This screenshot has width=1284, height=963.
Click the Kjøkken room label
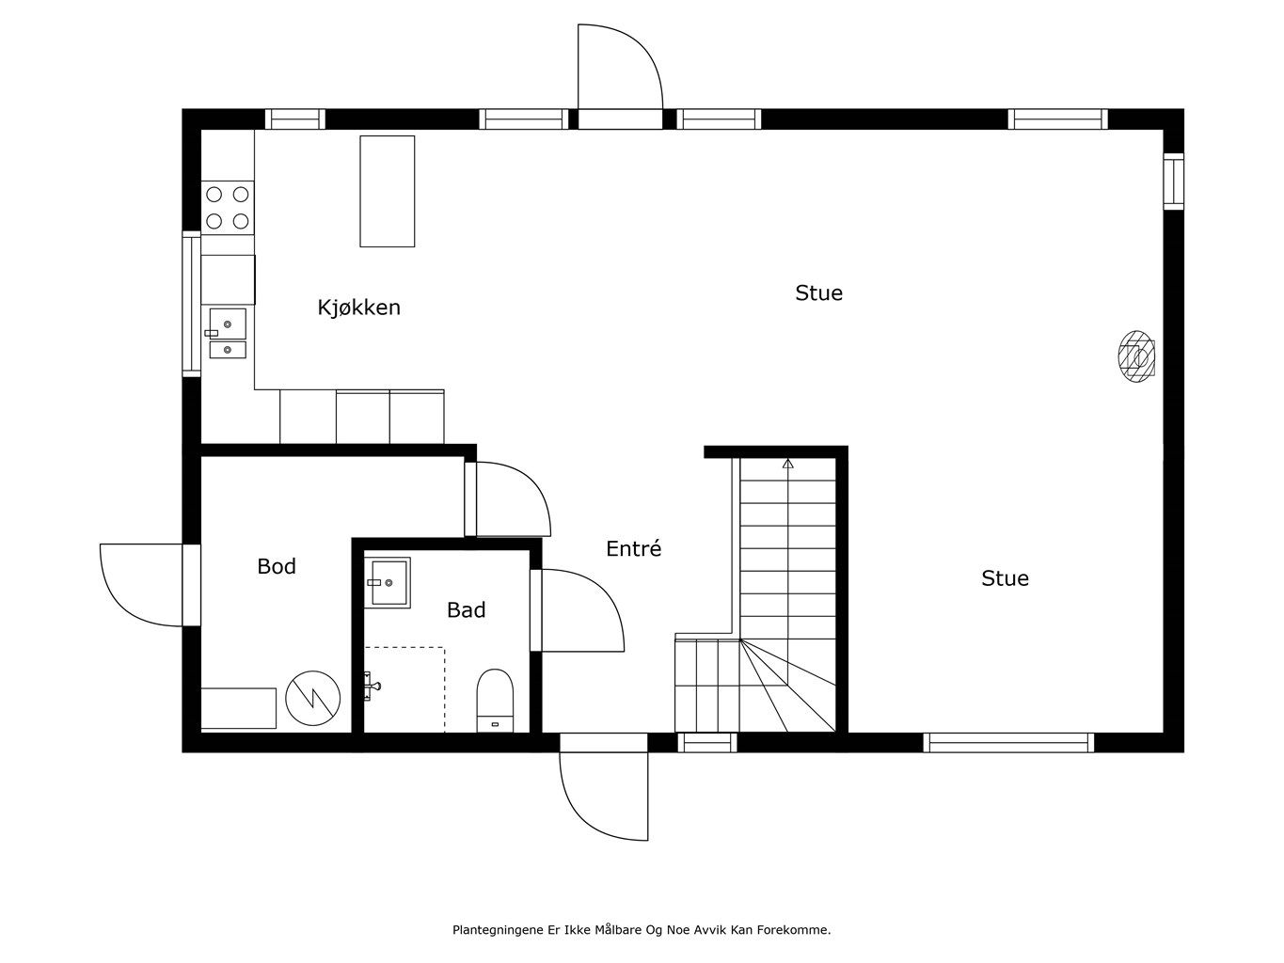tap(358, 307)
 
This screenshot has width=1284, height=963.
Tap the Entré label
tap(633, 548)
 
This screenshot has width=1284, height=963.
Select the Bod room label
tap(277, 566)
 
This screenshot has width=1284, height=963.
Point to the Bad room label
tap(467, 609)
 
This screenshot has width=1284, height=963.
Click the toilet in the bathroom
tap(495, 701)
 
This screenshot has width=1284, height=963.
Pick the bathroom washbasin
tap(388, 582)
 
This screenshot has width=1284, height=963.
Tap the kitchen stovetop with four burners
tap(228, 208)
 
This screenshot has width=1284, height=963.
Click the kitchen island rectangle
tap(388, 191)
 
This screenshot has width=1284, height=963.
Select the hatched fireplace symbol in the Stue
tap(1136, 356)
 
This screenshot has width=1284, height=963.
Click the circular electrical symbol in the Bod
tap(313, 698)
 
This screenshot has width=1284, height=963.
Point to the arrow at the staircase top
tap(788, 464)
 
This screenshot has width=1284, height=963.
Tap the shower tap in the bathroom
tap(372, 686)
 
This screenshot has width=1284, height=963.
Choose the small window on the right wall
tap(1173, 182)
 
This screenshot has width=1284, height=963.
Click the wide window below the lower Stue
tap(1008, 742)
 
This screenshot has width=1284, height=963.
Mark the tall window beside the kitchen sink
tap(191, 304)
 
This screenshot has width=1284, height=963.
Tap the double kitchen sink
tap(227, 333)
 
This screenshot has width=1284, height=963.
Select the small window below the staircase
tap(707, 742)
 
